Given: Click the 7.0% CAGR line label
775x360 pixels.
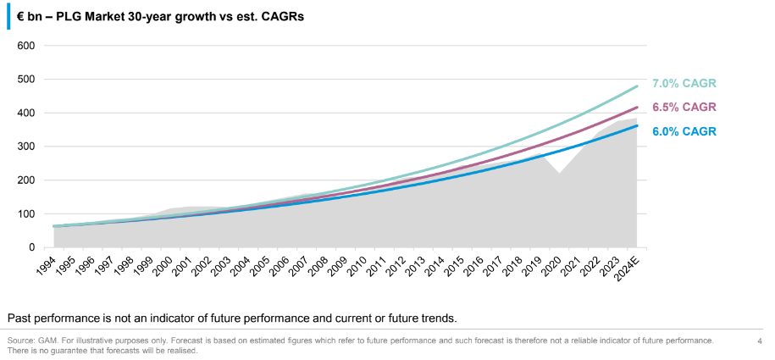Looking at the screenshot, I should (x=684, y=83).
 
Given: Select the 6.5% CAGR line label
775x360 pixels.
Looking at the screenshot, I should (x=684, y=107).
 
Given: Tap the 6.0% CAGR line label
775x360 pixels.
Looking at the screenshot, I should (x=684, y=130).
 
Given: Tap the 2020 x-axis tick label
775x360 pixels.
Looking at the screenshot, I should (x=552, y=266).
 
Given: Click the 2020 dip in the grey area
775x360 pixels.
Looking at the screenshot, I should (x=559, y=174).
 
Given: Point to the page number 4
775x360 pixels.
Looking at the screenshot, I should (x=759, y=341).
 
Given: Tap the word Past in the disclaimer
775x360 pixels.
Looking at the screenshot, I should (x=19, y=318).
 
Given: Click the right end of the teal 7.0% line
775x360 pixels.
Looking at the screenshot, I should (x=637, y=86).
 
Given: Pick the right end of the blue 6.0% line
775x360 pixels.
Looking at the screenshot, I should (x=637, y=125).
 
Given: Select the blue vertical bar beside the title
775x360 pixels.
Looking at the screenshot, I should (x=8, y=15).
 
